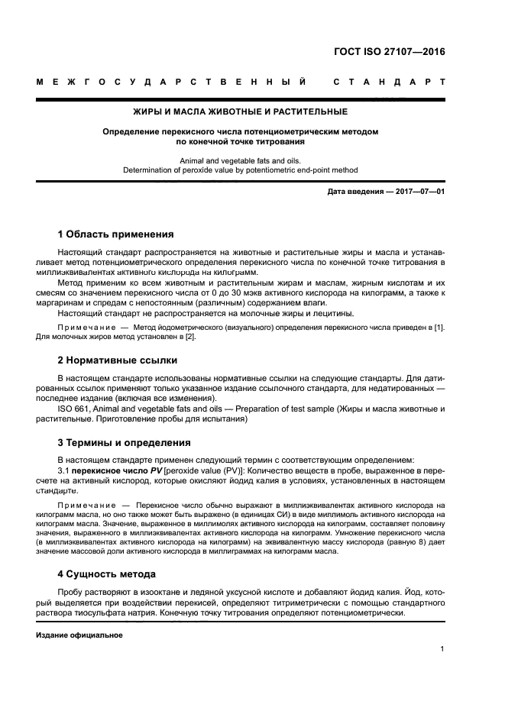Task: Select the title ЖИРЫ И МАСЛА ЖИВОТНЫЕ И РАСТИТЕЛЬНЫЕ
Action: pyautogui.click(x=241, y=111)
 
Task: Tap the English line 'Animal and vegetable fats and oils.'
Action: pyautogui.click(x=241, y=160)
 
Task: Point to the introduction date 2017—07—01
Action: pyautogui.click(x=419, y=192)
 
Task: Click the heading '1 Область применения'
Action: pyautogui.click(x=116, y=234)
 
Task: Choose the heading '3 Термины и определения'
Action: pyautogui.click(x=125, y=442)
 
